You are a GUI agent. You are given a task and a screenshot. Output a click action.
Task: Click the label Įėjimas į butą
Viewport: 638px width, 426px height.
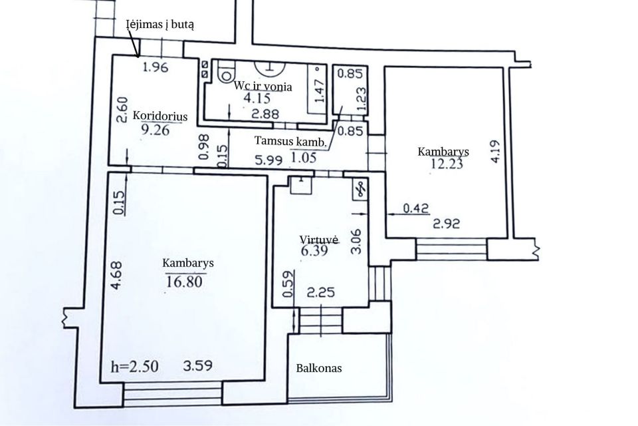tap(160, 25)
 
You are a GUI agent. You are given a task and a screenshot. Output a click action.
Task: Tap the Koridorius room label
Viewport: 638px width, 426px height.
tap(160, 116)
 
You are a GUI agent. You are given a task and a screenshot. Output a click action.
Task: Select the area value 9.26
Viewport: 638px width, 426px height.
tap(155, 130)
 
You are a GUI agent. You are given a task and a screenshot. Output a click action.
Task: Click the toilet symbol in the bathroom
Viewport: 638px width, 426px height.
tap(226, 72)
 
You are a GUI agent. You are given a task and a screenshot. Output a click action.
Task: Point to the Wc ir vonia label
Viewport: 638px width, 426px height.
tap(263, 87)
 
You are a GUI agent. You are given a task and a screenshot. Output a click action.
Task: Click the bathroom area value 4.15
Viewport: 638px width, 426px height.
tap(257, 99)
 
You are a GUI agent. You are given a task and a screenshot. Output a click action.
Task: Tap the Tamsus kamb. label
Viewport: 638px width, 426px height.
tap(290, 142)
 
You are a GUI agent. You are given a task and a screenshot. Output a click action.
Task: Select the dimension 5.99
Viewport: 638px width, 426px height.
tap(268, 160)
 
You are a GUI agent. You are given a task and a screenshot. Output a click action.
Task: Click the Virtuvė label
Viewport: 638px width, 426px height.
tap(319, 240)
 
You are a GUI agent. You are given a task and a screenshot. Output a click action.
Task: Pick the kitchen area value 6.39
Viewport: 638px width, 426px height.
tap(314, 250)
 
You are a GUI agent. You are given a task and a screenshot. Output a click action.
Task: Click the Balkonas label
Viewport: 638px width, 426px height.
tap(319, 369)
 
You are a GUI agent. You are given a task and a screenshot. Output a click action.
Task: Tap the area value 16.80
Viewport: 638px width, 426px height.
tap(184, 282)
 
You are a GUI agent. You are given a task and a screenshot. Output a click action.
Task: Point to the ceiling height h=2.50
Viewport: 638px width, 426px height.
tap(135, 367)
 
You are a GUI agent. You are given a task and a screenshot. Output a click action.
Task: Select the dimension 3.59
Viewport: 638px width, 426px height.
tap(198, 365)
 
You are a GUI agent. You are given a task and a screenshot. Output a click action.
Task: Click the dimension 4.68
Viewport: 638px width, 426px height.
tap(117, 276)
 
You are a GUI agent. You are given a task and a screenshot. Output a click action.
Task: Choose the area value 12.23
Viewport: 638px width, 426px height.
tap(447, 164)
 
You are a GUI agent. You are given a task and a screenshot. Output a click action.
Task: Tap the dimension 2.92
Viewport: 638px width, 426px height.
tap(447, 224)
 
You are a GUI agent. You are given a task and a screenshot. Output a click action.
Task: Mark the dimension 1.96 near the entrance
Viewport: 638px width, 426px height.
tap(156, 67)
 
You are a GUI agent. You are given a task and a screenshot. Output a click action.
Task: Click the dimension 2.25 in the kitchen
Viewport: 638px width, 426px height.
tap(321, 292)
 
